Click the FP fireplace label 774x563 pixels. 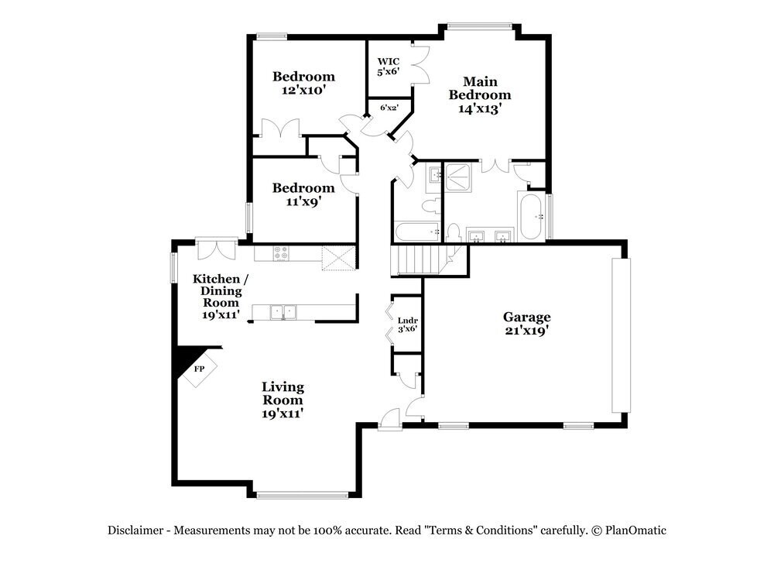point(199,369)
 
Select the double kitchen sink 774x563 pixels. point(284,312)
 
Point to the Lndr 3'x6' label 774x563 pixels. point(407,324)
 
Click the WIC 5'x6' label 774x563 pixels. point(388,66)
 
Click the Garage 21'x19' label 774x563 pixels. point(527,323)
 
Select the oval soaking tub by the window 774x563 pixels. point(531,216)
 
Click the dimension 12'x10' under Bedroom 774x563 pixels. point(303,90)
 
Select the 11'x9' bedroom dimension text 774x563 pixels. point(303,201)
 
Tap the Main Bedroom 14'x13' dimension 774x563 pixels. point(486,109)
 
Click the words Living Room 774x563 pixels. point(283,393)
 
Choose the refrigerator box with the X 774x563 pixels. point(338,255)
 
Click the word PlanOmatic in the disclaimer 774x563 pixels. point(636,530)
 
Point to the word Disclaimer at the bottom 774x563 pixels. point(135,530)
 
